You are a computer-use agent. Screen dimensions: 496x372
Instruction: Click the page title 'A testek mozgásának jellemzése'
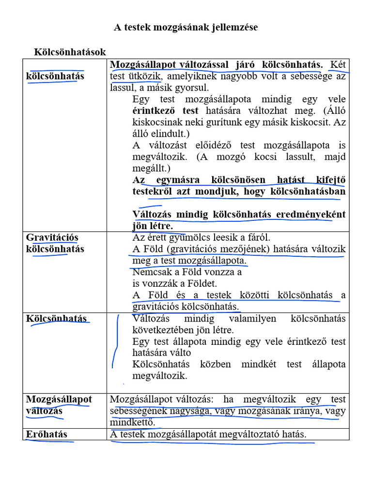point(186,28)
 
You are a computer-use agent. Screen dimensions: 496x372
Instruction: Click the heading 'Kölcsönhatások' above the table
point(70,52)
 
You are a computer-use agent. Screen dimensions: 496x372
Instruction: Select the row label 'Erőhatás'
point(46,434)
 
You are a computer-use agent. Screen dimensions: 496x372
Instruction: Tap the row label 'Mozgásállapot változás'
point(59,405)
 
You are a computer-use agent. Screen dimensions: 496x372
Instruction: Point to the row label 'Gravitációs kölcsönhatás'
point(55,243)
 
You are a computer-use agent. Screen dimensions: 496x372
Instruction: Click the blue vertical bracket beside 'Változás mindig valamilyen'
point(115,341)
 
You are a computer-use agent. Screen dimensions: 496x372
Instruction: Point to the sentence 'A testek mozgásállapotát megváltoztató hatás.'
point(208,434)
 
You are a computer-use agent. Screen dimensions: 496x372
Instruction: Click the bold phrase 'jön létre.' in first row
point(153,226)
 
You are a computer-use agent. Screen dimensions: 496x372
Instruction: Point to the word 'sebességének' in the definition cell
point(136,411)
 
